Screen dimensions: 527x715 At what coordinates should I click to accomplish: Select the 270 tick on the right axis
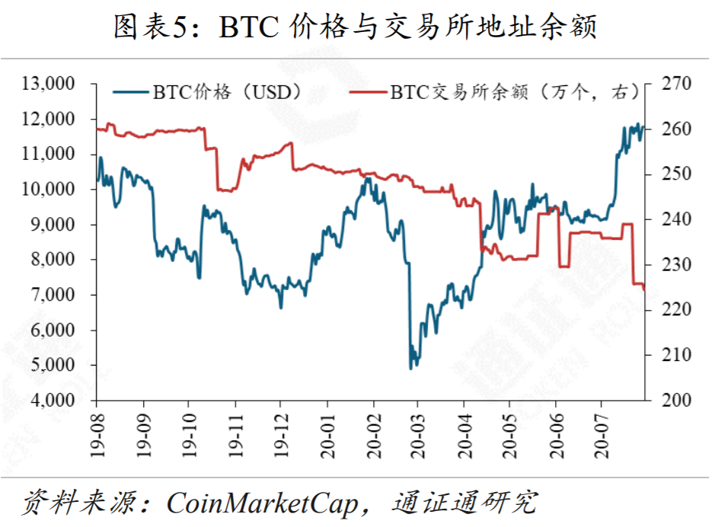point(672,83)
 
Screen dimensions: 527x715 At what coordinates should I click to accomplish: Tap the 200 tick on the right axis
point(672,401)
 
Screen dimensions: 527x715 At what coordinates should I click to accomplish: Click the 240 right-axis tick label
point(672,219)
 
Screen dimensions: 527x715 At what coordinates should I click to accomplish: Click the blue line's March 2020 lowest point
point(411,369)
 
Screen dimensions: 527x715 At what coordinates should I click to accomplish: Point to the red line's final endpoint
point(644,289)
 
